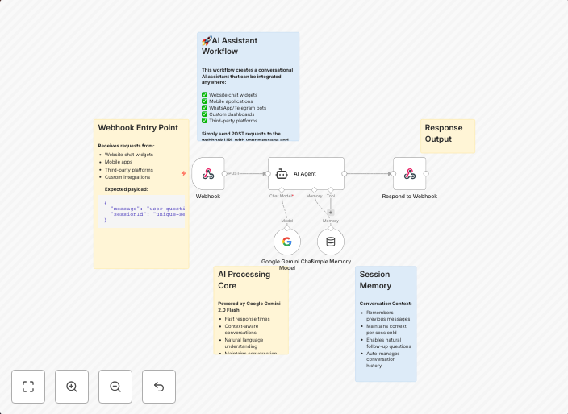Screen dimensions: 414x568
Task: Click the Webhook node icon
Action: tap(207, 173)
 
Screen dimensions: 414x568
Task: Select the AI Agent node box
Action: tap(306, 173)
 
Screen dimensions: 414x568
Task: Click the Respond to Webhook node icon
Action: tap(409, 173)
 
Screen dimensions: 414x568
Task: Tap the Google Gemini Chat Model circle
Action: tap(287, 242)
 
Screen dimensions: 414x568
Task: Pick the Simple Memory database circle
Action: tap(330, 242)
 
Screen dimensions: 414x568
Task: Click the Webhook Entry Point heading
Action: tap(138, 127)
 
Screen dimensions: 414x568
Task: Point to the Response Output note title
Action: tap(444, 133)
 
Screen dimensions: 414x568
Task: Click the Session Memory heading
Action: tap(375, 279)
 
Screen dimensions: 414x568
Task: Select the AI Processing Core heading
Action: tap(244, 279)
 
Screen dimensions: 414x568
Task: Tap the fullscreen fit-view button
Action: tap(28, 387)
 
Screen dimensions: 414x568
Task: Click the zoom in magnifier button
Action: tap(72, 387)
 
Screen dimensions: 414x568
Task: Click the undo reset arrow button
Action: tap(159, 387)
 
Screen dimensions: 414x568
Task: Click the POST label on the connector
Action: tap(235, 173)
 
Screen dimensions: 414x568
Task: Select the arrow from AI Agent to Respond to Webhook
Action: tap(369, 173)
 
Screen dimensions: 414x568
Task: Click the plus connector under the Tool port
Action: tap(330, 212)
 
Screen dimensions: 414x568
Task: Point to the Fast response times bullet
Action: tap(248, 319)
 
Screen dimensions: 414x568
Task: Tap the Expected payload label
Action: tap(126, 189)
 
